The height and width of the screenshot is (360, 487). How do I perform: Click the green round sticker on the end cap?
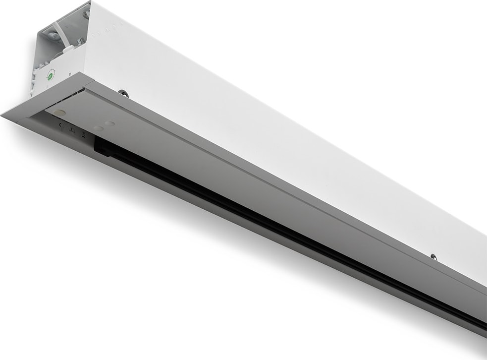[50, 76]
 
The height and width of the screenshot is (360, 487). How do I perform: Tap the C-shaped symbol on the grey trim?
[61, 125]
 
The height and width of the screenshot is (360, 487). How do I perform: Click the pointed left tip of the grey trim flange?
[2, 115]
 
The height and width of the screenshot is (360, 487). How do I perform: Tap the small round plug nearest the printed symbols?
[98, 128]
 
